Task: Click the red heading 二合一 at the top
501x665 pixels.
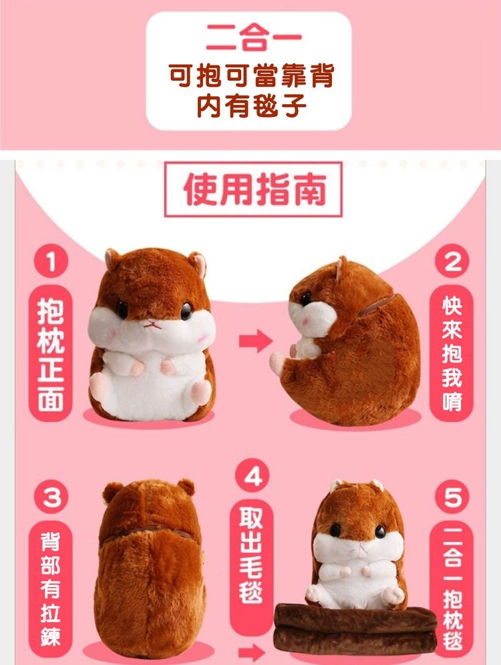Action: pyautogui.click(x=254, y=37)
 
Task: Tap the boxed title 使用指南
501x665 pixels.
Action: pyautogui.click(x=253, y=189)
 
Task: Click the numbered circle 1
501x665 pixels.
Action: pyautogui.click(x=51, y=260)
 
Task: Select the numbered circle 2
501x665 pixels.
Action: pyautogui.click(x=452, y=261)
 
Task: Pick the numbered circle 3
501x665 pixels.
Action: pyautogui.click(x=51, y=496)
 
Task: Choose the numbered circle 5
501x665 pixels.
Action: pyautogui.click(x=452, y=495)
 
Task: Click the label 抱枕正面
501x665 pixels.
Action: pyautogui.click(x=51, y=354)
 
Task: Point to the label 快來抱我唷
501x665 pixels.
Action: pyautogui.click(x=452, y=354)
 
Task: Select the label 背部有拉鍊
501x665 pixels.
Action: pyautogui.click(x=51, y=589)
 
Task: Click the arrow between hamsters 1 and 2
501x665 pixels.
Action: pyautogui.click(x=255, y=341)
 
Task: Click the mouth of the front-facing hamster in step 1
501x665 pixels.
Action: pyautogui.click(x=152, y=326)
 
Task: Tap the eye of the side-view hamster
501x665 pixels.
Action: pyautogui.click(x=306, y=298)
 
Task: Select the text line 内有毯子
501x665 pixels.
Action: pyautogui.click(x=251, y=105)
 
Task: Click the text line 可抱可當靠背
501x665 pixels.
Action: pyautogui.click(x=252, y=75)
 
